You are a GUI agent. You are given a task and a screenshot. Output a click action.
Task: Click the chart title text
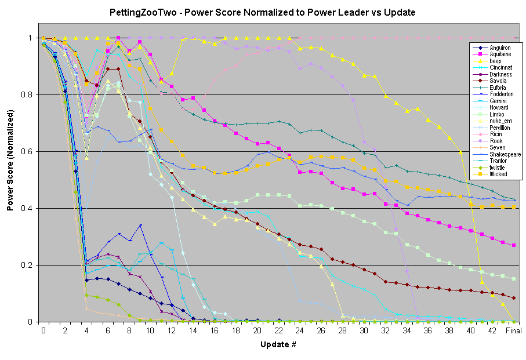[x=262, y=12]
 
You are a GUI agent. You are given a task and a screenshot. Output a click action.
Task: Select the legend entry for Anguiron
[x=500, y=48]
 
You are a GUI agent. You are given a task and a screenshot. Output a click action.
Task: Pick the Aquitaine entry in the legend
[x=500, y=55]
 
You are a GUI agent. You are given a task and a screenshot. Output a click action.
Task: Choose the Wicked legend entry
[x=498, y=174]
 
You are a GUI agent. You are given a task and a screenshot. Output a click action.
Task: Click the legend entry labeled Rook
[x=496, y=141]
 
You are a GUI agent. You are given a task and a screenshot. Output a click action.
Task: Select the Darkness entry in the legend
[x=500, y=75]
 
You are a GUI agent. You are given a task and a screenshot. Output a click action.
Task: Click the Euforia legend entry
[x=498, y=88]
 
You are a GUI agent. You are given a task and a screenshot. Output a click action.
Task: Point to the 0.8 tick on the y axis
[x=29, y=94]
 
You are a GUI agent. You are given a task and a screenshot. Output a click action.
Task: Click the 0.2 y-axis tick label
[x=29, y=266]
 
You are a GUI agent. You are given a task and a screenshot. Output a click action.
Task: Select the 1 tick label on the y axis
[x=32, y=38]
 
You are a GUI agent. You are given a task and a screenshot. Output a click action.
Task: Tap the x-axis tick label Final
[x=514, y=330]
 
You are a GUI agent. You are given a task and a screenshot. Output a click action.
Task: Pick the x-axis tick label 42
[x=492, y=330]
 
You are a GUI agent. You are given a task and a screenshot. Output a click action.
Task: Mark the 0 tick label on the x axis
[x=43, y=330]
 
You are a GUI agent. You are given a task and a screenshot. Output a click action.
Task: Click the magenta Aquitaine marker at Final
[x=514, y=245]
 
